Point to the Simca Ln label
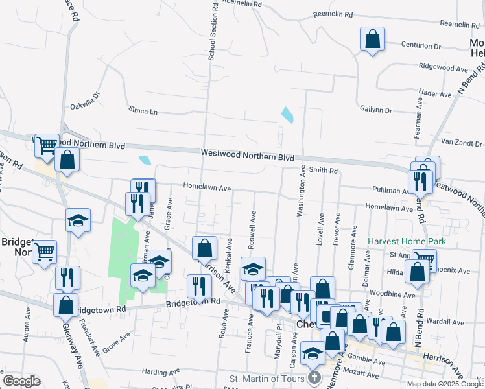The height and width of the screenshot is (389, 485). click(143, 111)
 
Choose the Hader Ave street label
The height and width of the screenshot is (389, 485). click(435, 94)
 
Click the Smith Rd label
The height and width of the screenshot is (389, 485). click(324, 171)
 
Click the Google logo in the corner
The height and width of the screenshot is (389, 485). click(21, 381)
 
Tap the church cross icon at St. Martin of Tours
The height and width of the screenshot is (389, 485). click(314, 378)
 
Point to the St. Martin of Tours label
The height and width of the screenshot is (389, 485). click(267, 378)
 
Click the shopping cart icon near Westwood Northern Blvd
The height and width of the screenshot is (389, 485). click(47, 146)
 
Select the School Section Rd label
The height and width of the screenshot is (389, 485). click(212, 32)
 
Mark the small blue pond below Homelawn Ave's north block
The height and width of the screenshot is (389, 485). click(145, 159)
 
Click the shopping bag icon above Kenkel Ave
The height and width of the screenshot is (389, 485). click(205, 247)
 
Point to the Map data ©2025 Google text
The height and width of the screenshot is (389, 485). click(444, 383)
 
